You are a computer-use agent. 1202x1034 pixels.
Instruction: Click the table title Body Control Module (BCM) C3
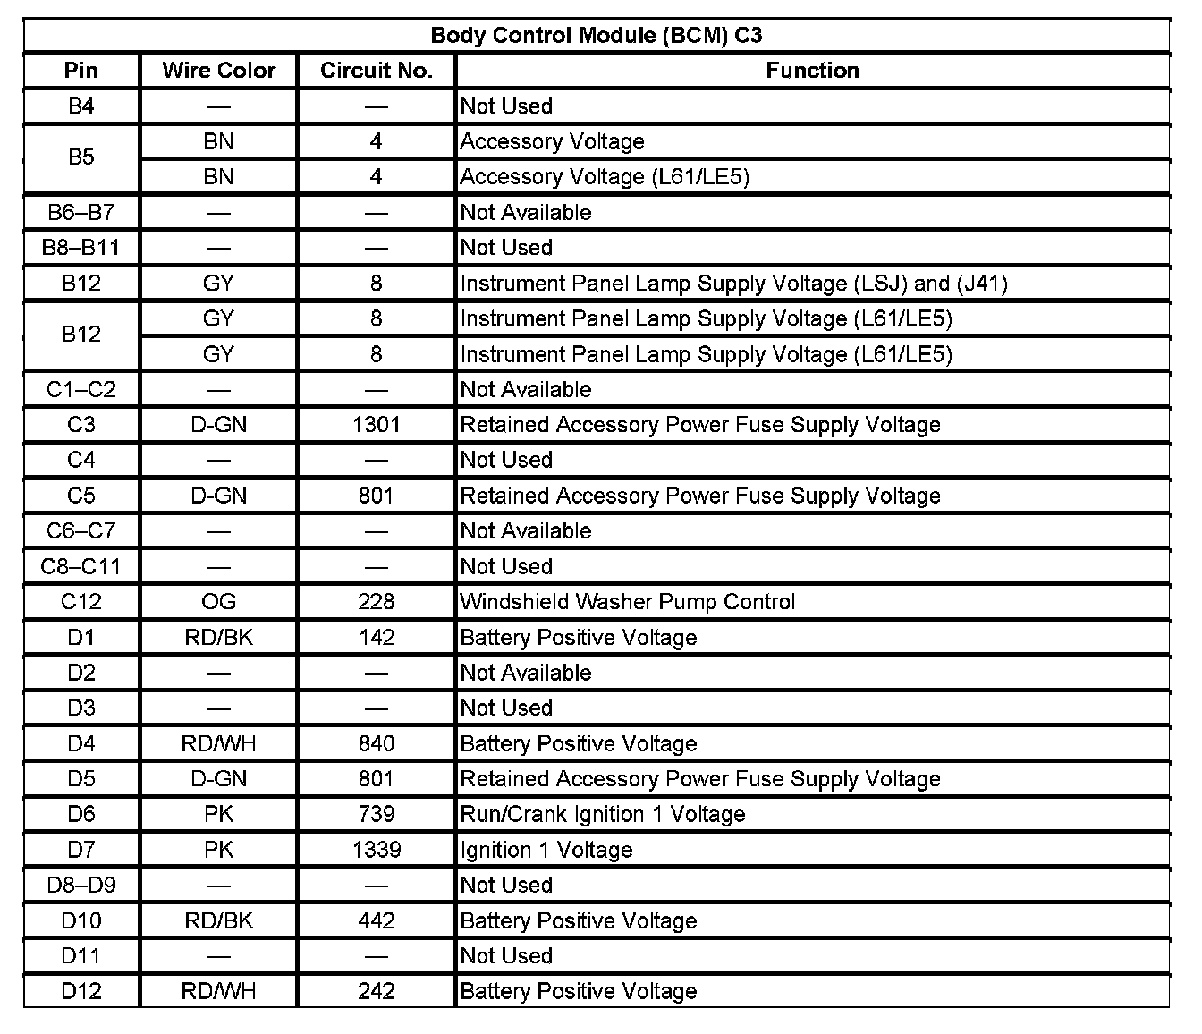pos(597,36)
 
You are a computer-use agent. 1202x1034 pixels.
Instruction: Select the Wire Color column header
pos(218,71)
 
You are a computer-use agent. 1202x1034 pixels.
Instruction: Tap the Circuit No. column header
pos(376,71)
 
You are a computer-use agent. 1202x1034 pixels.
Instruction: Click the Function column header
pos(812,71)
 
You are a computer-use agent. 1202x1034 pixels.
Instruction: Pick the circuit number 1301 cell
pos(376,425)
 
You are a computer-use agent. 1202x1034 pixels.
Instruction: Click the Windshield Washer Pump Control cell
pos(627,602)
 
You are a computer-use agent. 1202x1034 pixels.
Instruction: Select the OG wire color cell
pos(218,602)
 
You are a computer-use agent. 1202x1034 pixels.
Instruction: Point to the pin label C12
pos(81,602)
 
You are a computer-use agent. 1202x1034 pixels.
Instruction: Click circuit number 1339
pos(376,850)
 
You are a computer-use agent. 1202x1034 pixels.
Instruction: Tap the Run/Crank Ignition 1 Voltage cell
pos(602,815)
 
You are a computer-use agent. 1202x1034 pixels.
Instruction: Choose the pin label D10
pos(81,920)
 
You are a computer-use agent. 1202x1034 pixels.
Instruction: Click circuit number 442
pos(376,920)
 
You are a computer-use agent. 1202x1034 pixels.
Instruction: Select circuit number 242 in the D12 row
pos(376,991)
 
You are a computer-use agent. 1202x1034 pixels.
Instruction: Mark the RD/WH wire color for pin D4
pos(218,743)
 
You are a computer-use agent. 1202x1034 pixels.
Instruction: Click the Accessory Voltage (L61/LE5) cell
pos(605,177)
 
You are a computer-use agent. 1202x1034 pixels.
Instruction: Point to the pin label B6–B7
pos(81,213)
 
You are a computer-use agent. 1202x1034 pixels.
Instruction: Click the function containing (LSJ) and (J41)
pos(733,284)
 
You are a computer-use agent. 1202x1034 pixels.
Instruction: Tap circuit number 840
pos(376,743)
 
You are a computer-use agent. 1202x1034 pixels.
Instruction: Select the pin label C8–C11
pos(81,566)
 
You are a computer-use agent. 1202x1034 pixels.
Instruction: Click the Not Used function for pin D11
pos(506,956)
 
